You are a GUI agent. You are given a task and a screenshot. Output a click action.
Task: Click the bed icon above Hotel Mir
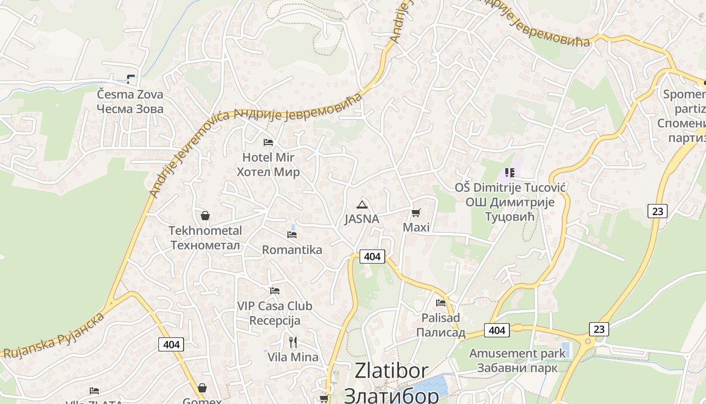coord(268,142)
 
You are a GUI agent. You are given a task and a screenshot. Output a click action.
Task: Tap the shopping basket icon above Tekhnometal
coord(205,216)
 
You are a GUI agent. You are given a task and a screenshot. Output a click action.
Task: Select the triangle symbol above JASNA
coord(362,205)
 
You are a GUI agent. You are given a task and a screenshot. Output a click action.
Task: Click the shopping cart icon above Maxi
coord(416,213)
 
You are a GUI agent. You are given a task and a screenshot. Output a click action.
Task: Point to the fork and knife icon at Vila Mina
coord(293,342)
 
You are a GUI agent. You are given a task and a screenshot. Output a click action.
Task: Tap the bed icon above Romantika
coord(292,235)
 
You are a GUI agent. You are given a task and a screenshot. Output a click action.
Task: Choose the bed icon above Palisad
coord(441,303)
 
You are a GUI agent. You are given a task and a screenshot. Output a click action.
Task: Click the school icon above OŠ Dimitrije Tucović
coord(510,173)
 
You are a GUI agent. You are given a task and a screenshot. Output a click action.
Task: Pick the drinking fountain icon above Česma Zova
coord(131,79)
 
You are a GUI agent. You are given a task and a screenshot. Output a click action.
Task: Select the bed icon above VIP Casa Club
coord(275,291)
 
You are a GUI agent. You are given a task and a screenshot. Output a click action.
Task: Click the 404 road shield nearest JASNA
coord(372,257)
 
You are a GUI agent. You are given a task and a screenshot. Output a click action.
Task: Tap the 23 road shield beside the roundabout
coord(599,329)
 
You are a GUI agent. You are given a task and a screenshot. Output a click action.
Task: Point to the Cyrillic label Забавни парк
coord(517,368)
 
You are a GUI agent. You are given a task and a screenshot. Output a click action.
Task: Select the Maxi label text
coord(416,227)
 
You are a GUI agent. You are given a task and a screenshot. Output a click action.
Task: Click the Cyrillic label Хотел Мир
coord(268,172)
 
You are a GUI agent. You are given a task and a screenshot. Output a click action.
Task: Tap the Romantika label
coord(292,249)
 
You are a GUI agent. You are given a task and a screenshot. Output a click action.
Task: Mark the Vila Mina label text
coord(293,357)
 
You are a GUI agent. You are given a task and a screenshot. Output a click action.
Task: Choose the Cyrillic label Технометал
coord(205,245)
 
